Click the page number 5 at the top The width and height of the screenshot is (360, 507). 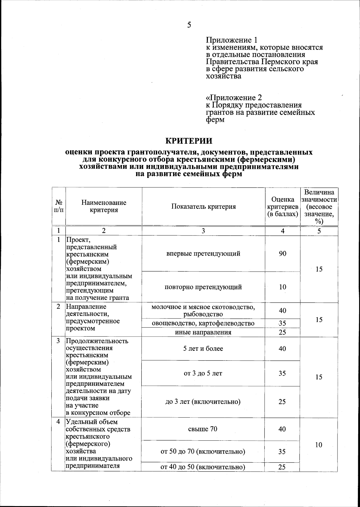click(x=189, y=25)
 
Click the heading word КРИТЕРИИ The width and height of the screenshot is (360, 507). click(x=189, y=141)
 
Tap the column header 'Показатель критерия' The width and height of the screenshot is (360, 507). click(x=203, y=206)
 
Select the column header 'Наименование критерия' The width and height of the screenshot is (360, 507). click(x=104, y=206)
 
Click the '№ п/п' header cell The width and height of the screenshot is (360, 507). click(x=59, y=206)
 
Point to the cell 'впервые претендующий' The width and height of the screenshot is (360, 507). click(x=203, y=253)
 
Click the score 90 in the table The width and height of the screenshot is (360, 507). click(x=283, y=253)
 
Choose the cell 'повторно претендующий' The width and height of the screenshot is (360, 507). click(x=203, y=287)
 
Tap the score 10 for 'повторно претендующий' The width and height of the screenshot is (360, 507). click(x=283, y=287)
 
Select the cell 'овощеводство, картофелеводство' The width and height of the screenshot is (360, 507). click(x=203, y=323)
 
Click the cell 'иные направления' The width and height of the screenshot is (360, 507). click(x=203, y=332)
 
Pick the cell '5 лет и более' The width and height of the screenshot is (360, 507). click(x=203, y=349)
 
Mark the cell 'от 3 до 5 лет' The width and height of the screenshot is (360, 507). click(x=203, y=373)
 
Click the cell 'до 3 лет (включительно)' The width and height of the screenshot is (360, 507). click(x=203, y=402)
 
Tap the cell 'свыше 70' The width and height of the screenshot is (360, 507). click(x=203, y=429)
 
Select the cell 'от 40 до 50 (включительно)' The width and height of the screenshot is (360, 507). click(x=203, y=467)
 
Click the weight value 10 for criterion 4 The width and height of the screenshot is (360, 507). click(x=319, y=445)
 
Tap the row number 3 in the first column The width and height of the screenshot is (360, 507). click(x=58, y=341)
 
